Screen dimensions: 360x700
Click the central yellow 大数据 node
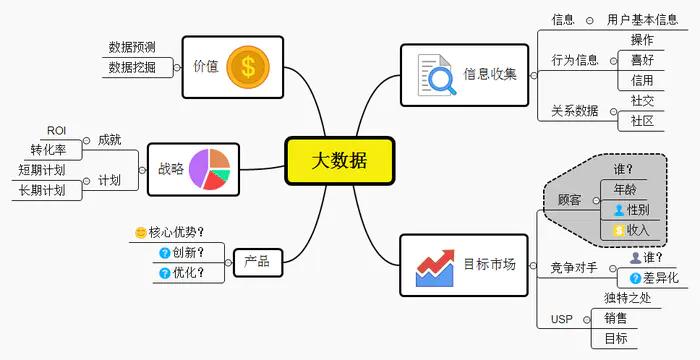point(338,161)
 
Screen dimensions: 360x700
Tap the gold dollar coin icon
point(248,67)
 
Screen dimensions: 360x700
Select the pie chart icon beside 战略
point(210,169)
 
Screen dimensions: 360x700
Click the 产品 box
point(256,262)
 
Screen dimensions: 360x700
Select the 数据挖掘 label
point(132,67)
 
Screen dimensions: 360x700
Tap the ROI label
point(56,131)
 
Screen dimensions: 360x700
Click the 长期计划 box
point(42,190)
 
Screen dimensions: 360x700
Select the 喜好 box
point(642,60)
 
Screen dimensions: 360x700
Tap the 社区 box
point(642,121)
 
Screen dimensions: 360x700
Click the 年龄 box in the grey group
point(623,189)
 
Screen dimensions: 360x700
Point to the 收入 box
point(630,230)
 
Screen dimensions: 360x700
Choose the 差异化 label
point(658,277)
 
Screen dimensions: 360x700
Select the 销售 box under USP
point(615,318)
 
